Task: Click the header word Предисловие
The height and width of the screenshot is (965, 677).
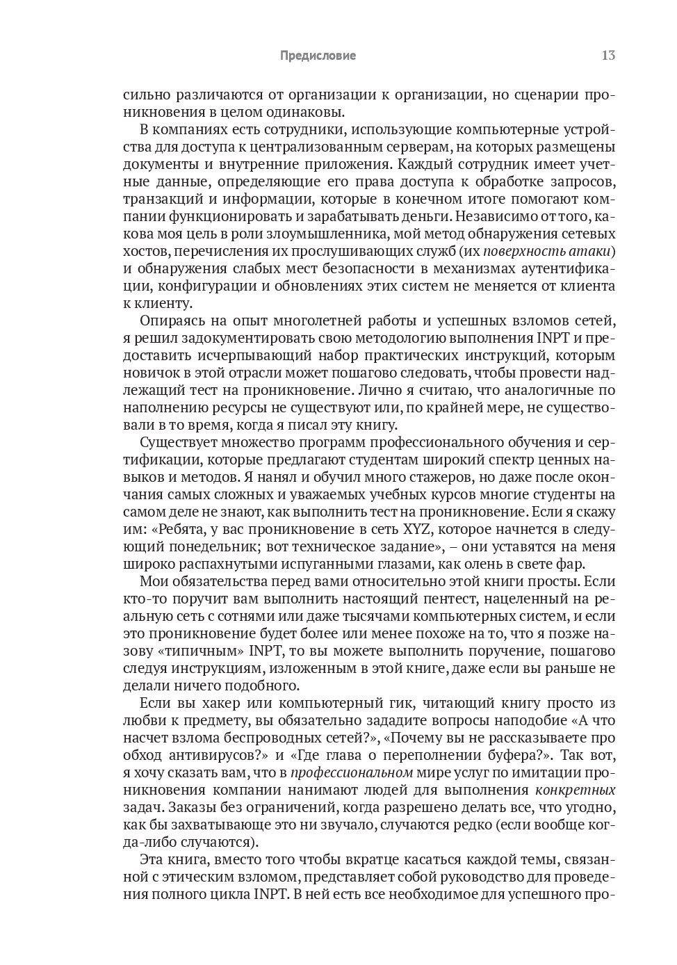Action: coord(318,56)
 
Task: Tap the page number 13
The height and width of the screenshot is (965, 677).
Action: coord(608,56)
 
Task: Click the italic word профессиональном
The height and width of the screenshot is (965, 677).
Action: coord(352,773)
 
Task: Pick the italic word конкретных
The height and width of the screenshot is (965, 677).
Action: coord(576,790)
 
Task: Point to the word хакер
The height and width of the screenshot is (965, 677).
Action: coord(206,704)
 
